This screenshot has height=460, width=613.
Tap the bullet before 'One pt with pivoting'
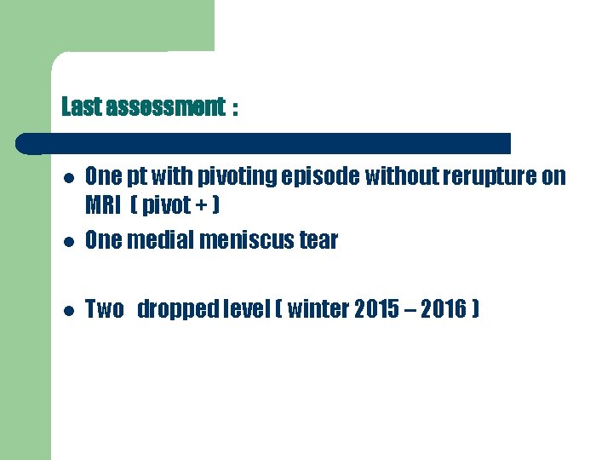66,177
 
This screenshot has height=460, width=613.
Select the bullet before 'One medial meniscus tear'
66,241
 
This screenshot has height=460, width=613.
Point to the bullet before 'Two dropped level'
66,310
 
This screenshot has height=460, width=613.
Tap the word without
399,176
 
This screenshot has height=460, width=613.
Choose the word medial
160,241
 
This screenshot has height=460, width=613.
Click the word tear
318,241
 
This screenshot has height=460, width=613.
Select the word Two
105,309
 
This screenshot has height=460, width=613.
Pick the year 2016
443,309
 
